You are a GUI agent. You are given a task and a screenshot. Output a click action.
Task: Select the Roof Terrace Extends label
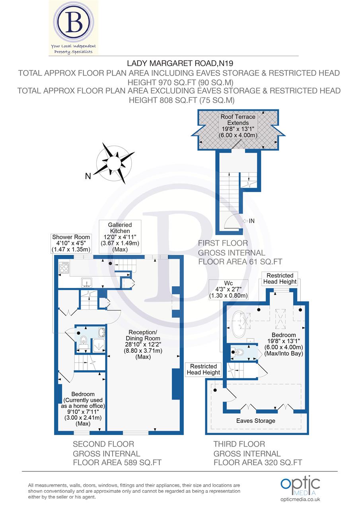239,126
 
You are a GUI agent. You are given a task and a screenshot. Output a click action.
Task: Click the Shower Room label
71,243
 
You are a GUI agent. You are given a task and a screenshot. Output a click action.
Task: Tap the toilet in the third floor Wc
239,352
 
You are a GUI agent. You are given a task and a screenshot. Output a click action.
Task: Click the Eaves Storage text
255,420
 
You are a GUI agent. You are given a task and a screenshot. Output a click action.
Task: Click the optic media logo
300,485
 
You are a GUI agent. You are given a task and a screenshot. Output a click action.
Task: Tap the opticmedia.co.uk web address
300,499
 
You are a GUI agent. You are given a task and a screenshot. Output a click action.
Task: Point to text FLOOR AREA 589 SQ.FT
117,462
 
